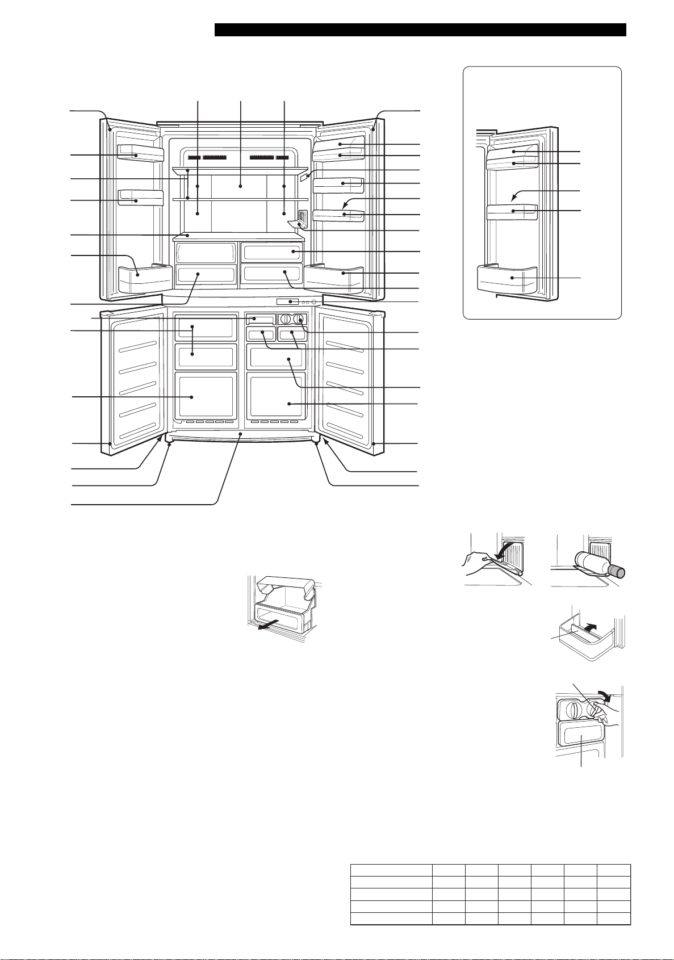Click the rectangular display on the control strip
pos(287,301)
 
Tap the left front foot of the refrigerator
pos(169,443)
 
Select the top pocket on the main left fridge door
pos(140,153)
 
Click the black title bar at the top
pos(420,30)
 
